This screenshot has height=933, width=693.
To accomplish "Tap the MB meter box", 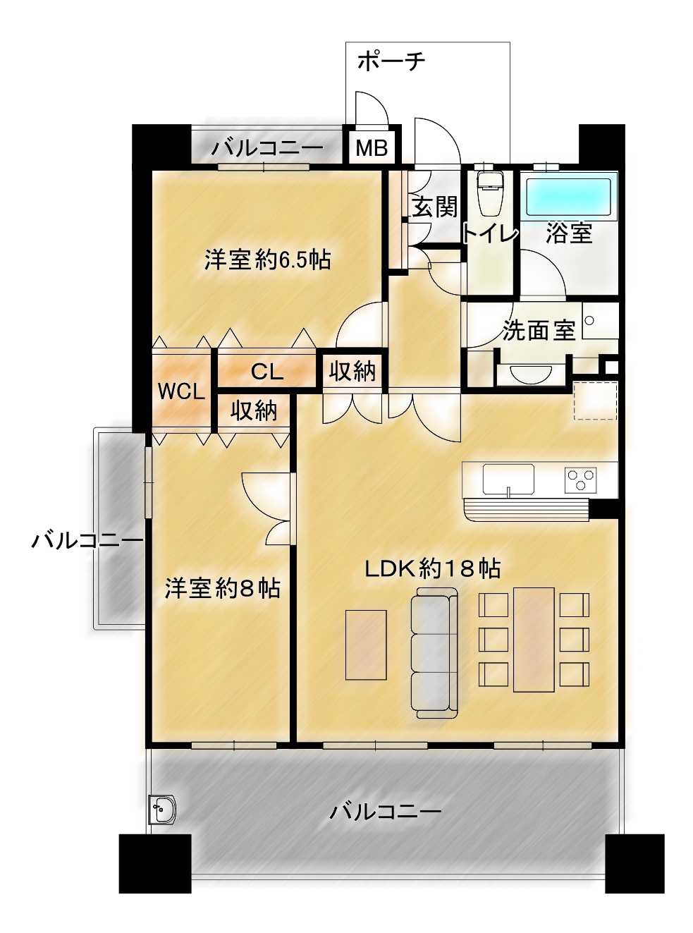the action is pyautogui.click(x=372, y=147).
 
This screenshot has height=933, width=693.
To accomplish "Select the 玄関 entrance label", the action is pyautogui.click(x=434, y=207).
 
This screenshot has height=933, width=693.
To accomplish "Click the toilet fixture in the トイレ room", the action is pyautogui.click(x=489, y=193).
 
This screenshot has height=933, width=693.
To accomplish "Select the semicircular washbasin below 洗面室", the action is pyautogui.click(x=530, y=373).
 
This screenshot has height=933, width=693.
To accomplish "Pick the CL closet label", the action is pyautogui.click(x=267, y=372).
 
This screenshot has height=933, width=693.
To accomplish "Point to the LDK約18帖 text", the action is pyautogui.click(x=432, y=569).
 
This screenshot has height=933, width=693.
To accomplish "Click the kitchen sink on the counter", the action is pyautogui.click(x=508, y=479).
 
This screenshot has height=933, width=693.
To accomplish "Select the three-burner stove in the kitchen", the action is pyautogui.click(x=580, y=479).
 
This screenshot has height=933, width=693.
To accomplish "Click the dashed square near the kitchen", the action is pyautogui.click(x=596, y=401).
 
